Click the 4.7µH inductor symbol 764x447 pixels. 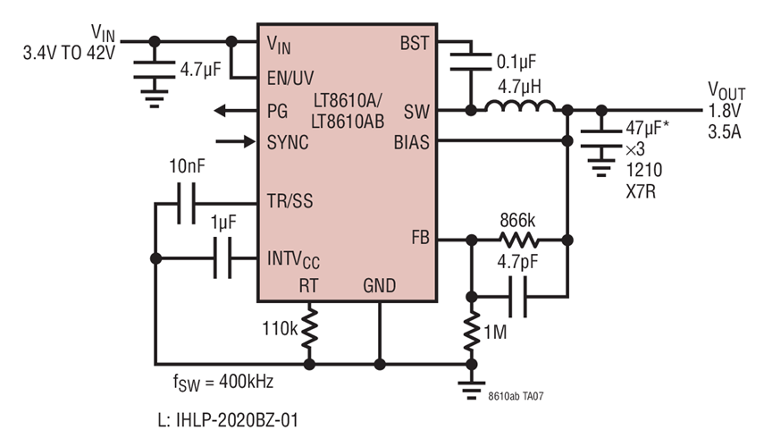[x=518, y=110]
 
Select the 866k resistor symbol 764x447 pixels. [x=518, y=240]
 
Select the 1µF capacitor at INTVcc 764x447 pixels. [x=223, y=258]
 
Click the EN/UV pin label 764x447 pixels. [x=290, y=77]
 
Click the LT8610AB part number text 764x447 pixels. [x=348, y=120]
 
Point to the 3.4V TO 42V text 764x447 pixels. [x=70, y=55]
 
